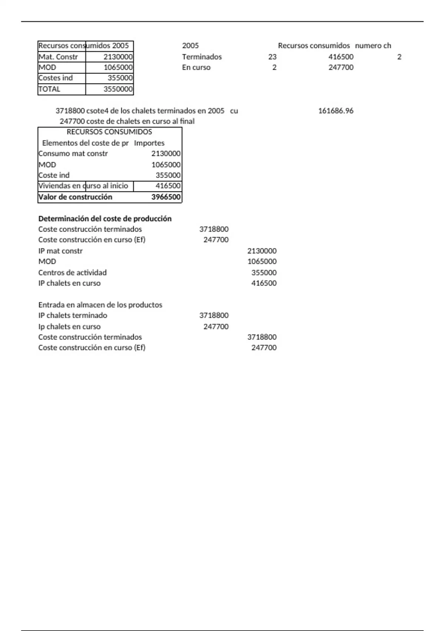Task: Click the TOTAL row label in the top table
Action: click(49, 89)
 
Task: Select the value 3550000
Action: click(118, 89)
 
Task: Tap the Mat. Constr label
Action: click(58, 57)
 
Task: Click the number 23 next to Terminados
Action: click(272, 57)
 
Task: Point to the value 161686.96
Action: click(336, 111)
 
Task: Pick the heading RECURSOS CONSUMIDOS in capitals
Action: click(109, 132)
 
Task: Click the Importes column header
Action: click(149, 143)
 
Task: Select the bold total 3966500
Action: click(166, 197)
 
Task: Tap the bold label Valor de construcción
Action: click(75, 197)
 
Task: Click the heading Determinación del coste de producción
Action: click(105, 219)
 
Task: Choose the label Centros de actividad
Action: click(72, 272)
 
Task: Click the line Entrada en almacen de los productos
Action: click(100, 305)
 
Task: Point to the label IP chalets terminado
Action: click(73, 315)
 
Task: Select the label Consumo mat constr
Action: click(73, 154)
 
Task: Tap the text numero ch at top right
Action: click(373, 46)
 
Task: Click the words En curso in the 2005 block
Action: click(196, 68)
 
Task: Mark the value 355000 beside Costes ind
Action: click(120, 78)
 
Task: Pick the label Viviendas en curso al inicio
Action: click(83, 186)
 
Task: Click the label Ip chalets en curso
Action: click(69, 327)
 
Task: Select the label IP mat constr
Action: click(60, 251)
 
